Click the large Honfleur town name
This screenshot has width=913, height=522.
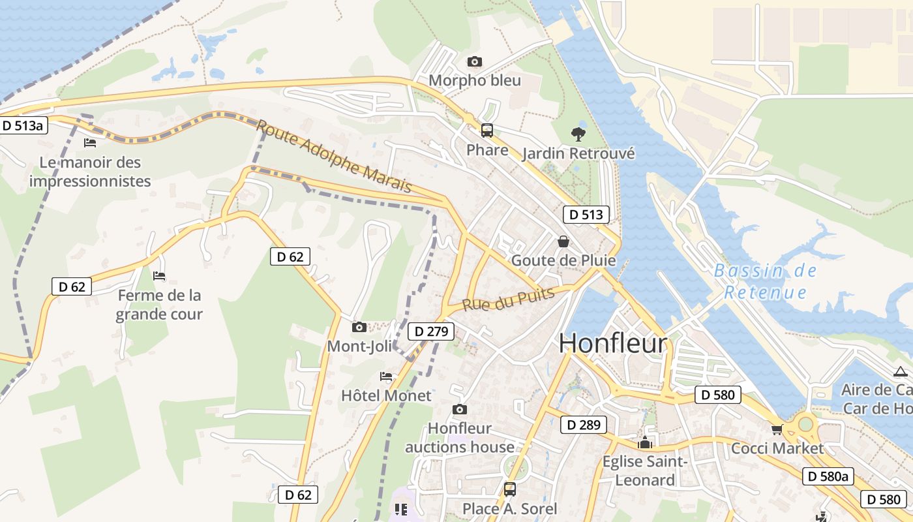613,344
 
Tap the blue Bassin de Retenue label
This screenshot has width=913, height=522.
765,281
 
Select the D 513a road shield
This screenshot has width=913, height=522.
23,125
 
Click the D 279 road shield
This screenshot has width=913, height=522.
430,331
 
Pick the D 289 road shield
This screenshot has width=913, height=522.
583,425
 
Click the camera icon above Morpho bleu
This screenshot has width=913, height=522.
475,62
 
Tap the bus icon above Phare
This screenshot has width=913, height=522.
486,130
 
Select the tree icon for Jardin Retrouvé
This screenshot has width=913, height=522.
578,134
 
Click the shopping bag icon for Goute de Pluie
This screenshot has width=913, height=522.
563,242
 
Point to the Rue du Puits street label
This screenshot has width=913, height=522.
508,299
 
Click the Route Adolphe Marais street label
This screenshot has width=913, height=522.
334,157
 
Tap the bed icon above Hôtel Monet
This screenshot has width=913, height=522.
386,376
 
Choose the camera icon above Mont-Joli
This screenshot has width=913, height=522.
359,327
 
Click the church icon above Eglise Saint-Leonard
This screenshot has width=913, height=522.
645,443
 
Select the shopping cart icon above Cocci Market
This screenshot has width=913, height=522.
777,429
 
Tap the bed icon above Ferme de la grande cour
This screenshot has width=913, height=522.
159,276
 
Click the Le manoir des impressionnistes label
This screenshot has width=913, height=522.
90,172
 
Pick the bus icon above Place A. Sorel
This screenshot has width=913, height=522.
509,489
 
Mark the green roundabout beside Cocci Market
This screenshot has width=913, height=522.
805,424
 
